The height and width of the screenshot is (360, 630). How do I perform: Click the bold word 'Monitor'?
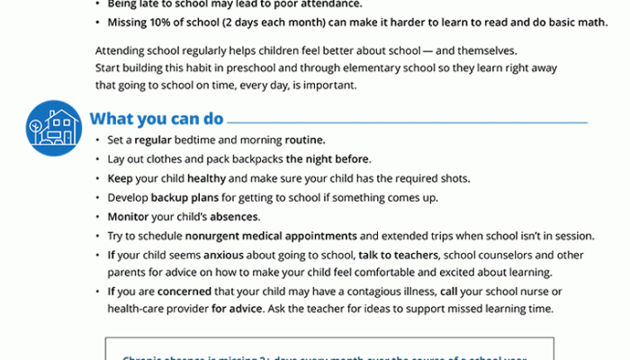[x=128, y=217]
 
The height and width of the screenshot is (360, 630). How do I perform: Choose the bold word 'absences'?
[x=235, y=217]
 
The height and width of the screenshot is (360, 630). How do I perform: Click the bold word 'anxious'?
[x=218, y=255]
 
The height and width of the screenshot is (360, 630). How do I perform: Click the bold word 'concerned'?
[x=184, y=292]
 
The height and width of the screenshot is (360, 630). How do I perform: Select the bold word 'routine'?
[x=305, y=140]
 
